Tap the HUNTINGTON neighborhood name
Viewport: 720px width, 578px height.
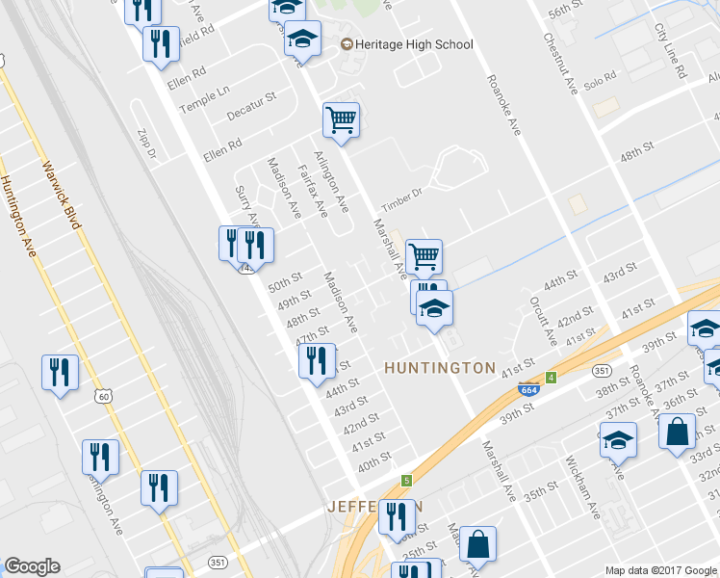[x=439, y=368]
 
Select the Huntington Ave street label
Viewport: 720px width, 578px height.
[x=19, y=218]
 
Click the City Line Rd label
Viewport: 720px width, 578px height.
[x=671, y=53]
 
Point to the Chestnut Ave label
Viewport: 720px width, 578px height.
[x=560, y=65]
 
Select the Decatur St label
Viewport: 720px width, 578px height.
[x=251, y=107]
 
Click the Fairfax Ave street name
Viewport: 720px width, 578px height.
[x=315, y=188]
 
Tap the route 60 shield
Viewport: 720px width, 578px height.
[x=104, y=396]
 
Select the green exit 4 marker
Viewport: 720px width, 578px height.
[x=552, y=378]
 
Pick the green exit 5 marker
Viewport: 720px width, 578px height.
[x=407, y=480]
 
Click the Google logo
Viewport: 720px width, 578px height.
[x=32, y=566]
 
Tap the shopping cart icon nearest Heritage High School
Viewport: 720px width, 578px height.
[x=341, y=120]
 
